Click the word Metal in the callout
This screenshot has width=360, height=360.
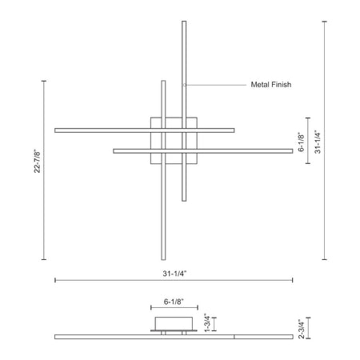(x=259, y=85)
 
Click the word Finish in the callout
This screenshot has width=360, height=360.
(x=280, y=85)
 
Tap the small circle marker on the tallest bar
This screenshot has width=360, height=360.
(x=184, y=85)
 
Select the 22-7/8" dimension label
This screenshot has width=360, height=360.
(x=37, y=162)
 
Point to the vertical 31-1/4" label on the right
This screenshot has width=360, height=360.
(x=318, y=142)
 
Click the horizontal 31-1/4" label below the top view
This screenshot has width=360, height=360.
(x=175, y=274)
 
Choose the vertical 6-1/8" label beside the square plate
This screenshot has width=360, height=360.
(x=301, y=142)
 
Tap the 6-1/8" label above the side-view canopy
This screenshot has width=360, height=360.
(x=174, y=302)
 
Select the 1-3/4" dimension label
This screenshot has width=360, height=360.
(x=207, y=322)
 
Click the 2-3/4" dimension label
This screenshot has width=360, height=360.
(x=301, y=329)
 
